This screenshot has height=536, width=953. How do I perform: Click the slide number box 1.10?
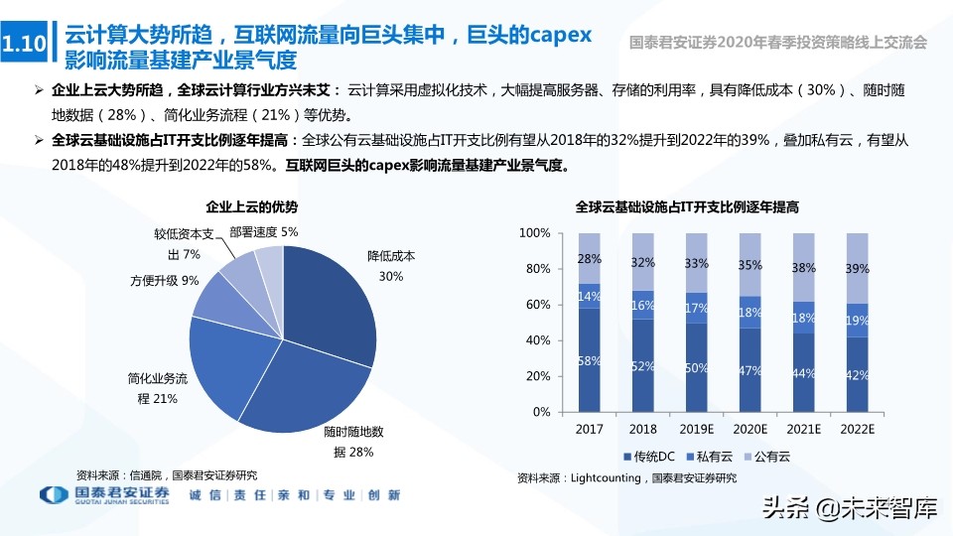24,46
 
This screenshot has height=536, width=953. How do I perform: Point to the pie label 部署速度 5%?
263,231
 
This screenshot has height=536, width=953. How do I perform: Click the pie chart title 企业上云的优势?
251,207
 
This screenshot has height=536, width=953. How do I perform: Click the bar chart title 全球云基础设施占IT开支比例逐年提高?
688,207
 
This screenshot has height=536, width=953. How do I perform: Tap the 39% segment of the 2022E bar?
856,268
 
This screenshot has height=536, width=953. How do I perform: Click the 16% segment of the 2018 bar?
643,305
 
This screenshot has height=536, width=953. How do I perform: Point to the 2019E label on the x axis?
696,430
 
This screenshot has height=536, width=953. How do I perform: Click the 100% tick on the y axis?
535,233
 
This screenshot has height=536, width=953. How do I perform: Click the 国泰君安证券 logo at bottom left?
104,495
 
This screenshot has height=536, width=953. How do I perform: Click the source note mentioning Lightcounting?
627,478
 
